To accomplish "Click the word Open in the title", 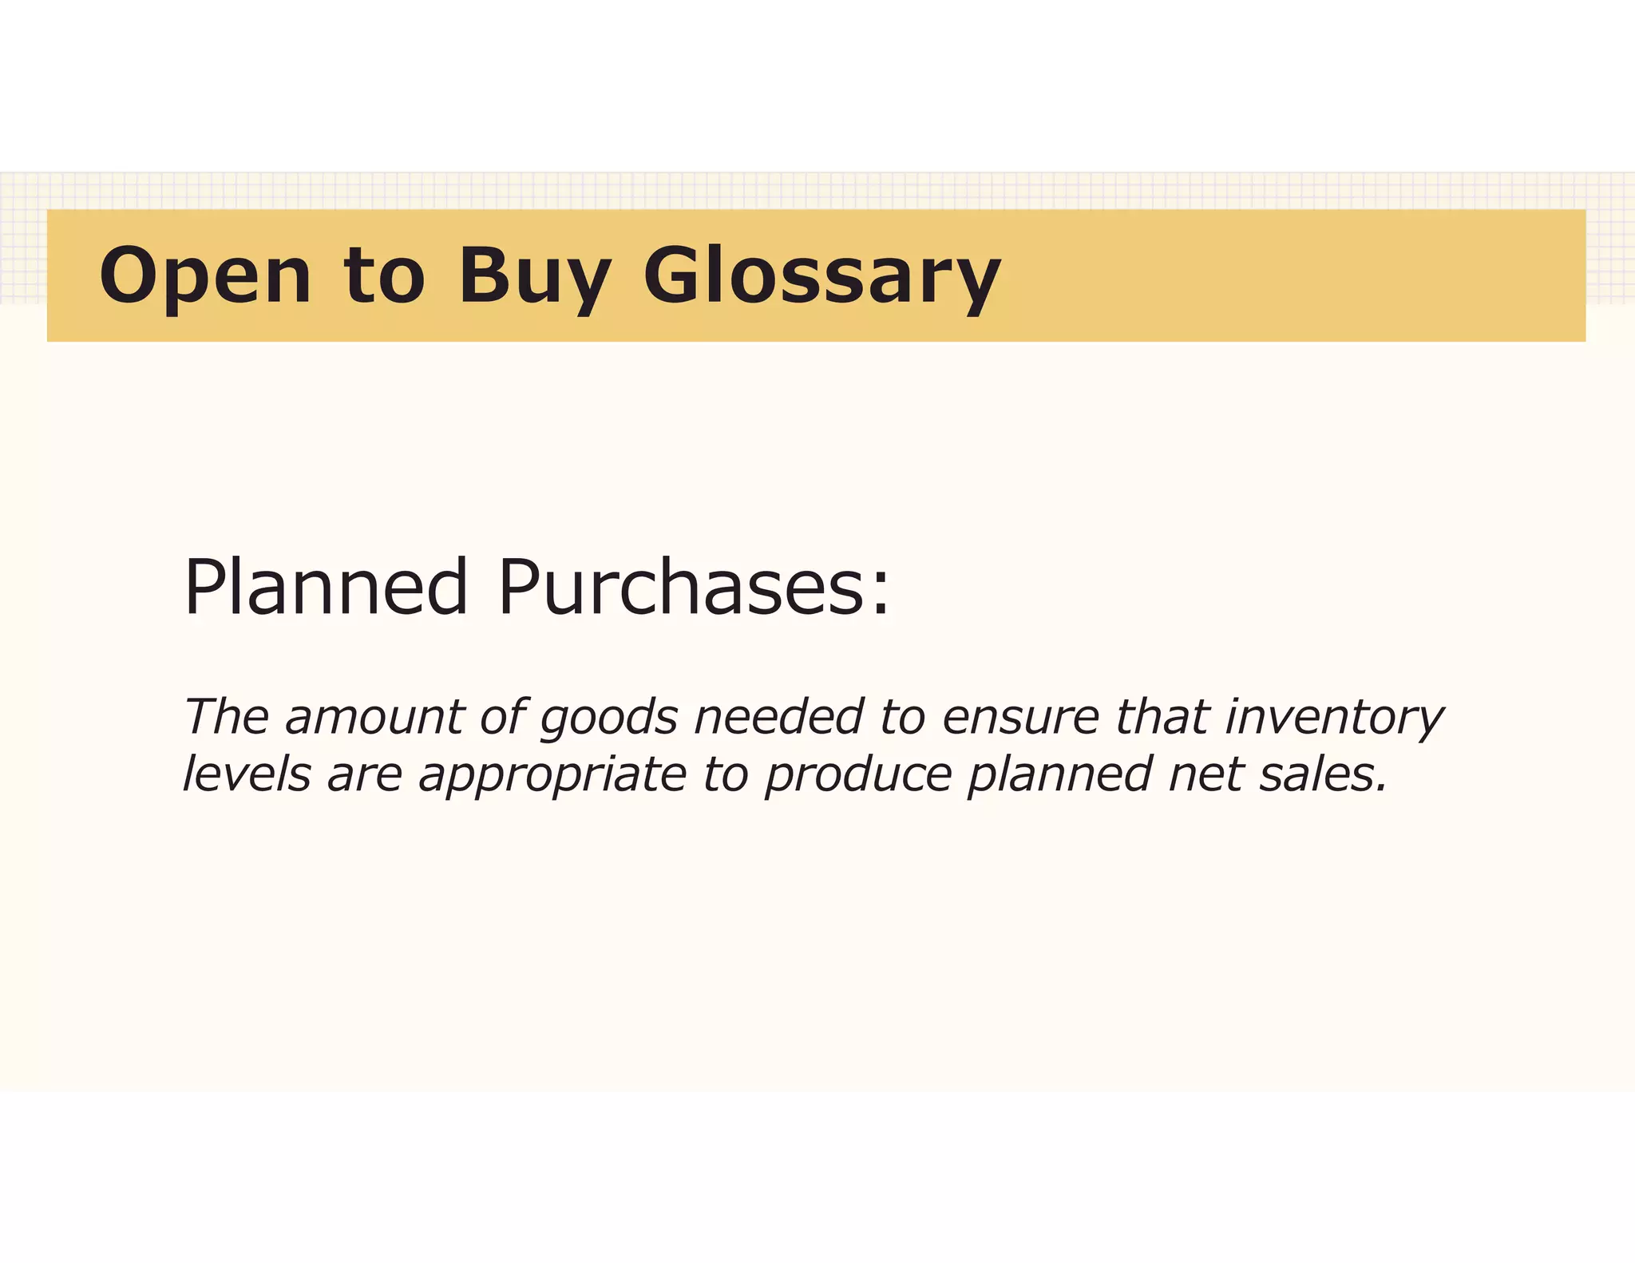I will point(205,276).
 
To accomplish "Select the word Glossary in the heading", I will point(821,276).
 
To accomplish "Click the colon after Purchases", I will point(880,595).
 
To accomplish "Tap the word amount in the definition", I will point(374,716).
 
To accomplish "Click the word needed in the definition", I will point(779,716).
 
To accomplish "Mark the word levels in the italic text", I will point(247,774).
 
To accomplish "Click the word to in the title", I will point(384,276).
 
